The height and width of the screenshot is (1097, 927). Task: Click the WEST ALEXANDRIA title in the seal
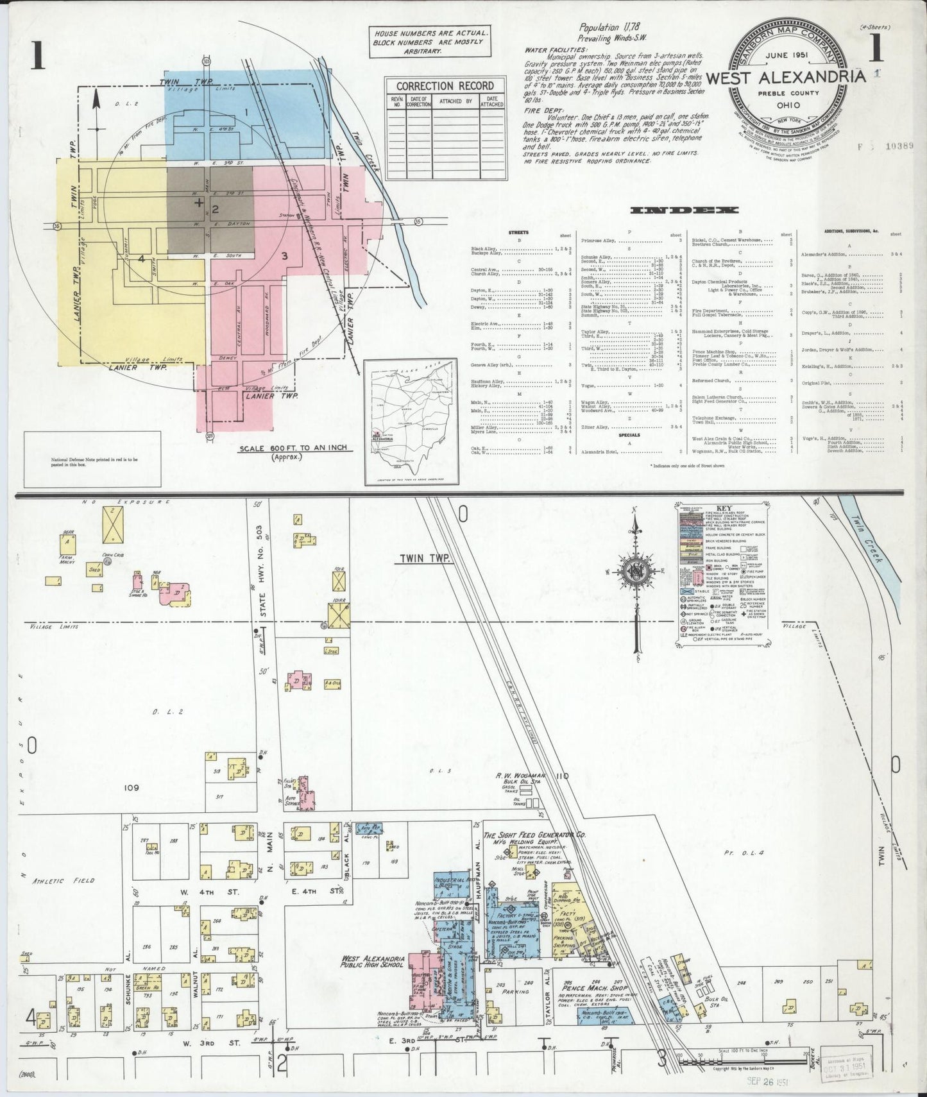pyautogui.click(x=786, y=76)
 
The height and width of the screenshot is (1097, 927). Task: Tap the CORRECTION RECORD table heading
pyautogui.click(x=436, y=86)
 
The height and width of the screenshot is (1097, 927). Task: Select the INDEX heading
pyautogui.click(x=685, y=210)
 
